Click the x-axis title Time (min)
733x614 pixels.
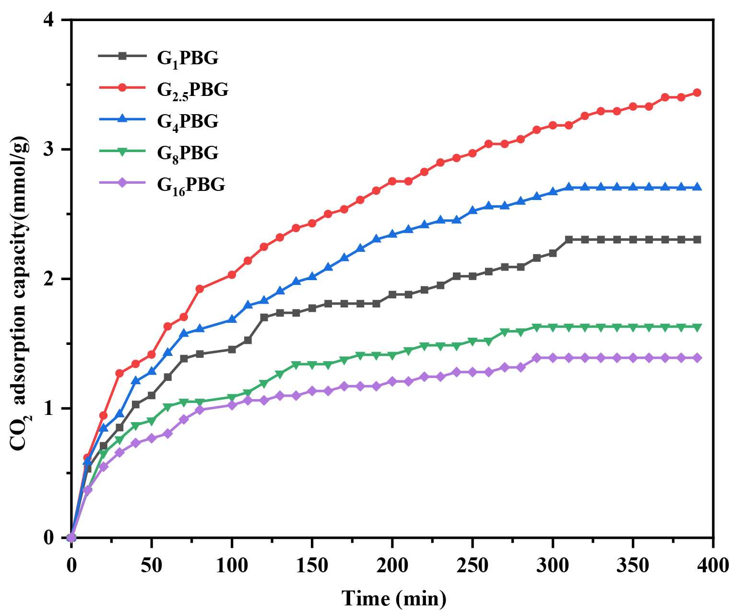[393, 598]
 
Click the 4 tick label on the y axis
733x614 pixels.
[49, 21]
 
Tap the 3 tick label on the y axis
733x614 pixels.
[49, 150]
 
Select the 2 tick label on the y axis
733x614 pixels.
[49, 279]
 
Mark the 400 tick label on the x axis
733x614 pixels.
[713, 566]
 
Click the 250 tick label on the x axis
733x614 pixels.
[473, 566]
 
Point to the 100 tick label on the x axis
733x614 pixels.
[232, 566]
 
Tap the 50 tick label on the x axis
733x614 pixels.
[152, 566]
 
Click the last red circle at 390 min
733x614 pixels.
[697, 93]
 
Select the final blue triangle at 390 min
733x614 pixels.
[697, 187]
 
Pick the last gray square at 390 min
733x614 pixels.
[697, 239]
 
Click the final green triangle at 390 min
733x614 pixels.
[697, 327]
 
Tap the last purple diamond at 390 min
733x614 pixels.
[697, 358]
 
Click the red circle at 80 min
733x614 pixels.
[200, 289]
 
